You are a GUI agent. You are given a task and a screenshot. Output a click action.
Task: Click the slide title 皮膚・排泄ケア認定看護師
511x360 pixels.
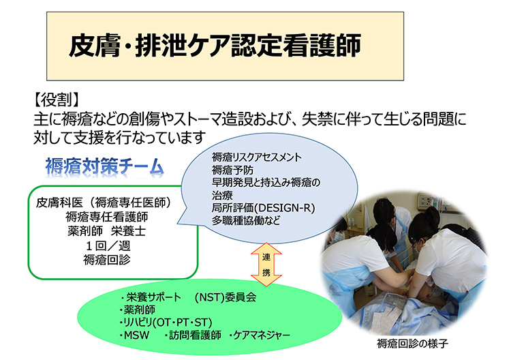[215, 45]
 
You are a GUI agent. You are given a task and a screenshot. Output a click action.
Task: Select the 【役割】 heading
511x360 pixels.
[56, 100]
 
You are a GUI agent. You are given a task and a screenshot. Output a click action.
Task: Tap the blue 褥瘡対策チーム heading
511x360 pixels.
[105, 166]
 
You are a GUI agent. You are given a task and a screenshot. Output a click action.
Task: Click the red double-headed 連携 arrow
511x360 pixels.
[266, 264]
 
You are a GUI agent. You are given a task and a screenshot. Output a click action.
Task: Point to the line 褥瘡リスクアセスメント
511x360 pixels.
[257, 157]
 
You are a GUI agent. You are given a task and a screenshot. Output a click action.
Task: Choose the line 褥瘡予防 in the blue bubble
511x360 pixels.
[232, 170]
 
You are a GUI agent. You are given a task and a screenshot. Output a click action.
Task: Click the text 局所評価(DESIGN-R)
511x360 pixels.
[263, 208]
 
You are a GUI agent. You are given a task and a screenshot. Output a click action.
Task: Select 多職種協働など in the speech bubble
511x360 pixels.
[246, 220]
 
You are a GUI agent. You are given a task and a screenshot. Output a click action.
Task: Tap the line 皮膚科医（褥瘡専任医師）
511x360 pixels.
[104, 202]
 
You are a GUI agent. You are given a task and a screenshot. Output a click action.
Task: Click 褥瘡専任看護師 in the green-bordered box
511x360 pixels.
[106, 217]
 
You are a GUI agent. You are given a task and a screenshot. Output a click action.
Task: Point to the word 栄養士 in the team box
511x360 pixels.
[128, 231]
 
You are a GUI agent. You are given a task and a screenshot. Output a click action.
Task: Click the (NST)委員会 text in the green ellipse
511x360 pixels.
[226, 297]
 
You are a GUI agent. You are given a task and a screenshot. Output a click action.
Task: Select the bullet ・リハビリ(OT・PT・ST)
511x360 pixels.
[166, 322]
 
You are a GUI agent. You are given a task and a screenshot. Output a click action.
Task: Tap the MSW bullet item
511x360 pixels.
[134, 335]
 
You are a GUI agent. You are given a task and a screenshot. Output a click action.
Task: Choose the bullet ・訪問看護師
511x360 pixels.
[193, 335]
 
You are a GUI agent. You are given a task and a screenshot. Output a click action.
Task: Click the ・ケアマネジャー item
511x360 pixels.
[260, 335]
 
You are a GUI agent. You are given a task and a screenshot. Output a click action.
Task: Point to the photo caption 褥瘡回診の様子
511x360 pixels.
[412, 344]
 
